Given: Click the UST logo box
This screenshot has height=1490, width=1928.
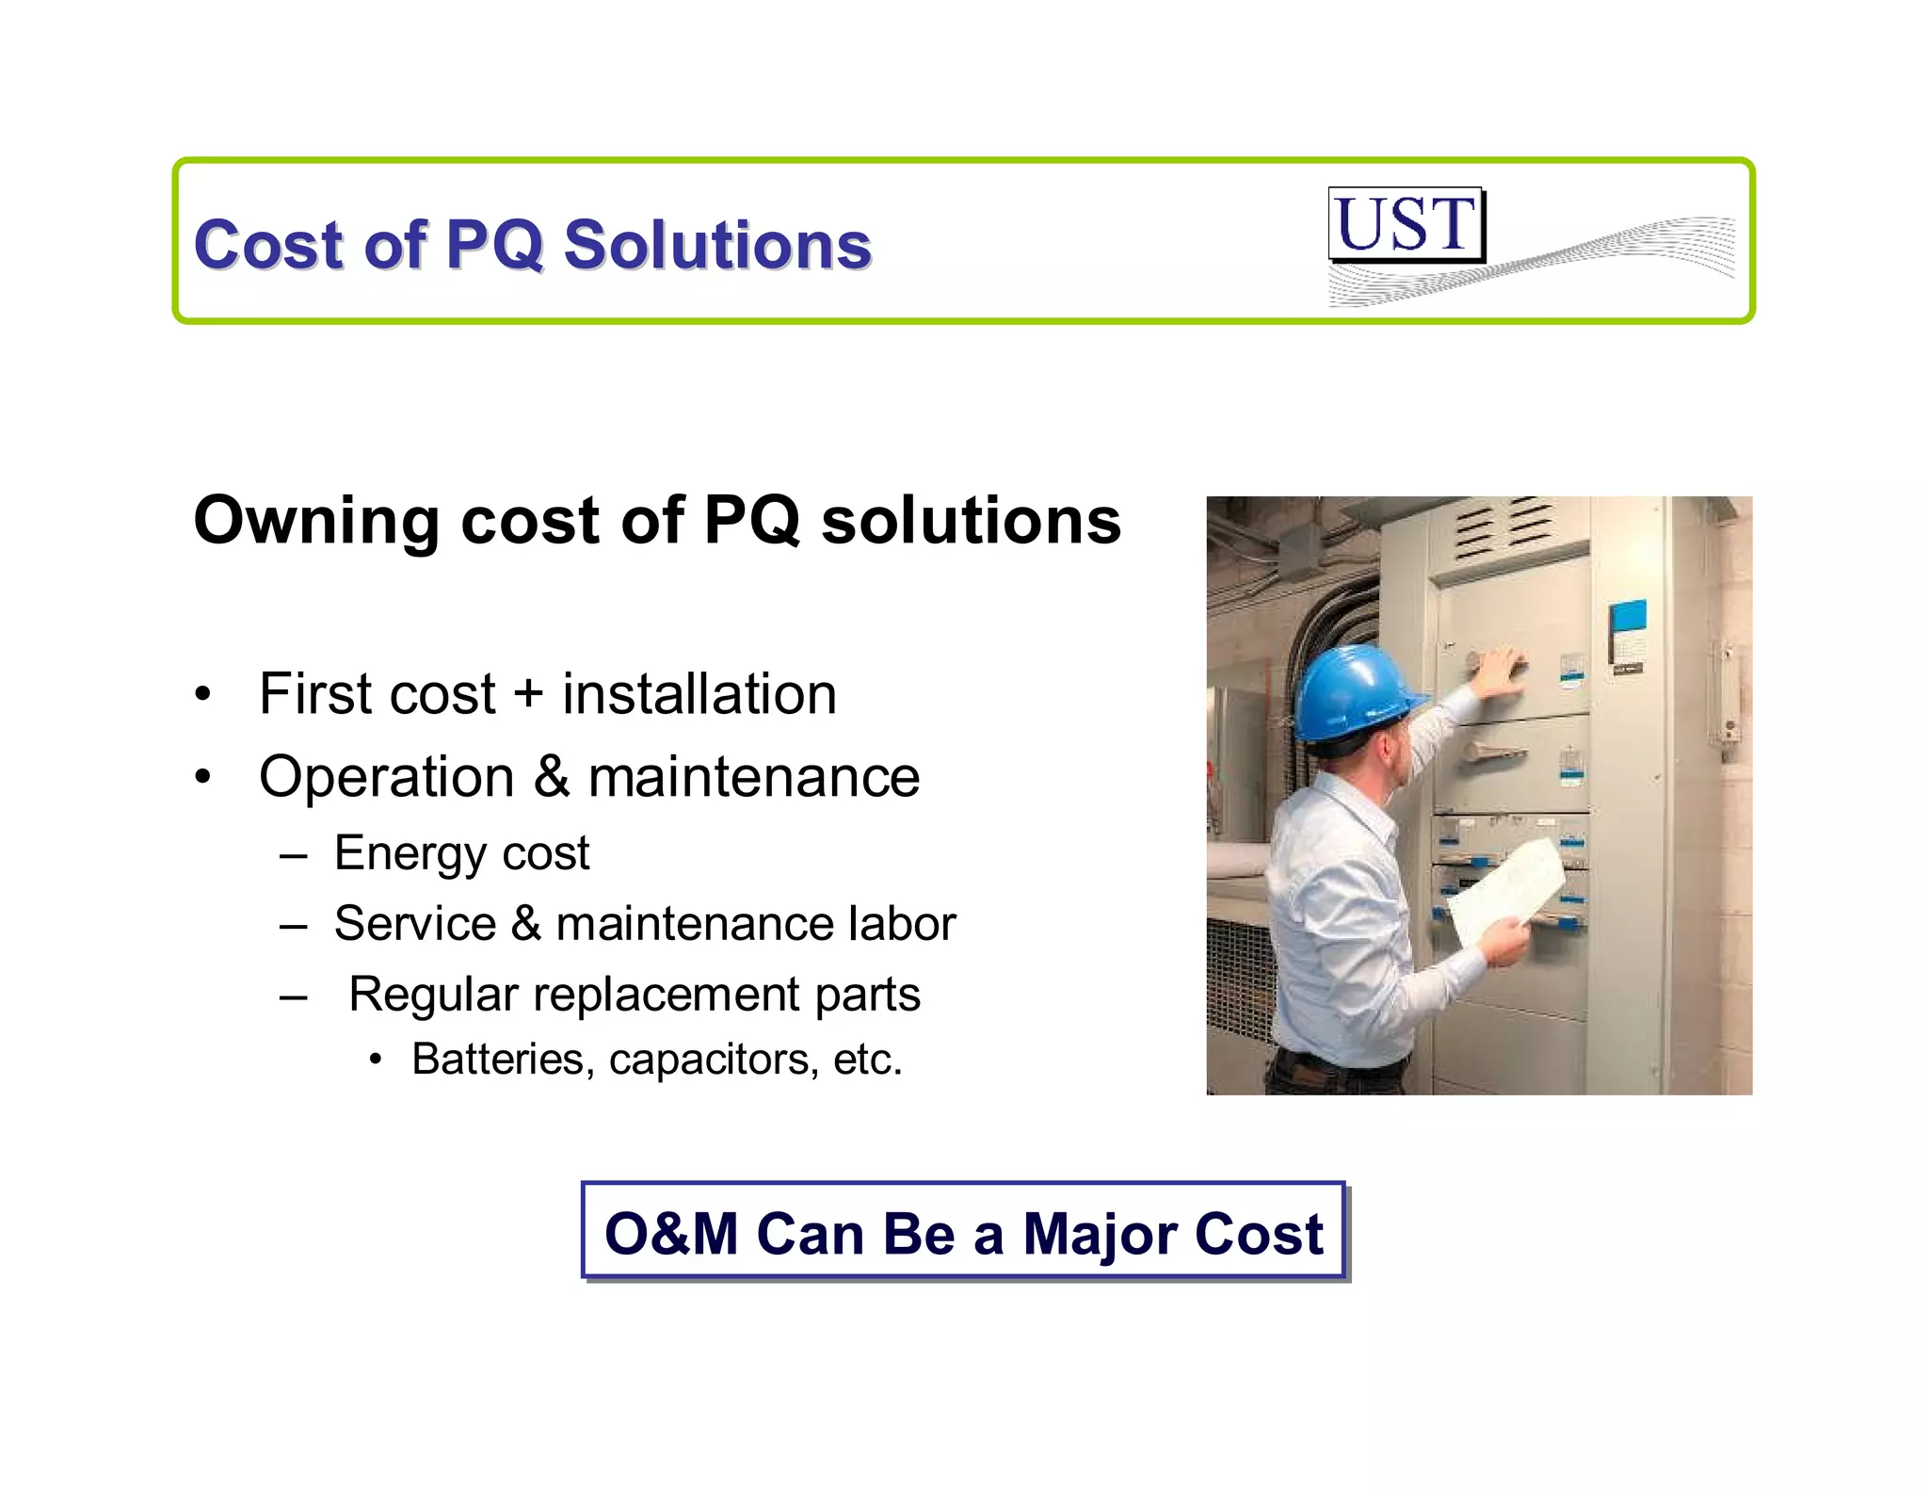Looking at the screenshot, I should (1406, 224).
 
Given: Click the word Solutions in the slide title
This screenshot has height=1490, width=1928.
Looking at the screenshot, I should (717, 245).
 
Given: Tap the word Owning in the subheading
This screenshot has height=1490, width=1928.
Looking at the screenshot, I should (316, 521).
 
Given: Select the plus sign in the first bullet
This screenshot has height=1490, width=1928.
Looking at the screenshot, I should (528, 695).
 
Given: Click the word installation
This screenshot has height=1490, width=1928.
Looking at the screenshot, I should (699, 695).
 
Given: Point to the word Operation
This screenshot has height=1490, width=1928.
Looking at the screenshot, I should (386, 778).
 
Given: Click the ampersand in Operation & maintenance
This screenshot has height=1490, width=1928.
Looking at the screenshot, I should (551, 778).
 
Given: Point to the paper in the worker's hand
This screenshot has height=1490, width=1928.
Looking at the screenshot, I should (1504, 889).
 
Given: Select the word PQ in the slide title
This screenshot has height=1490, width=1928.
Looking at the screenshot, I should (494, 245).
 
